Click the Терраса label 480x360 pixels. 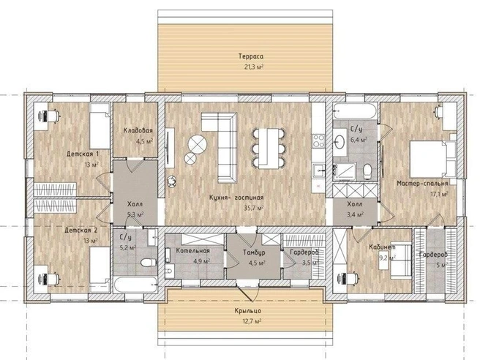251,56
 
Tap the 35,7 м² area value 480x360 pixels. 254,208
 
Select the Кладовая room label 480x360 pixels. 138,131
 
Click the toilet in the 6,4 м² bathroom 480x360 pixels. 367,171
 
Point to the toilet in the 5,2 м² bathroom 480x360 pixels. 149,263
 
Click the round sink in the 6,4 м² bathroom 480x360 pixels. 340,143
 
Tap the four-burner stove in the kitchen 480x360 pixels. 318,140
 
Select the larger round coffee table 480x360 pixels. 198,144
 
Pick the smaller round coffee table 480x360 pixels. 190,158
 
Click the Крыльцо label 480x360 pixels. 248,311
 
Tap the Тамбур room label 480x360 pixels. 254,252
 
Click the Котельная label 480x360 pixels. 193,251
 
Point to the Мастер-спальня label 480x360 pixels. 422,184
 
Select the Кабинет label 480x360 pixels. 382,247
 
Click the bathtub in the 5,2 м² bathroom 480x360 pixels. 135,285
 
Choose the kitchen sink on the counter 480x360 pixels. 318,170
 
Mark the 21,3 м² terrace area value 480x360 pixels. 254,67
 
